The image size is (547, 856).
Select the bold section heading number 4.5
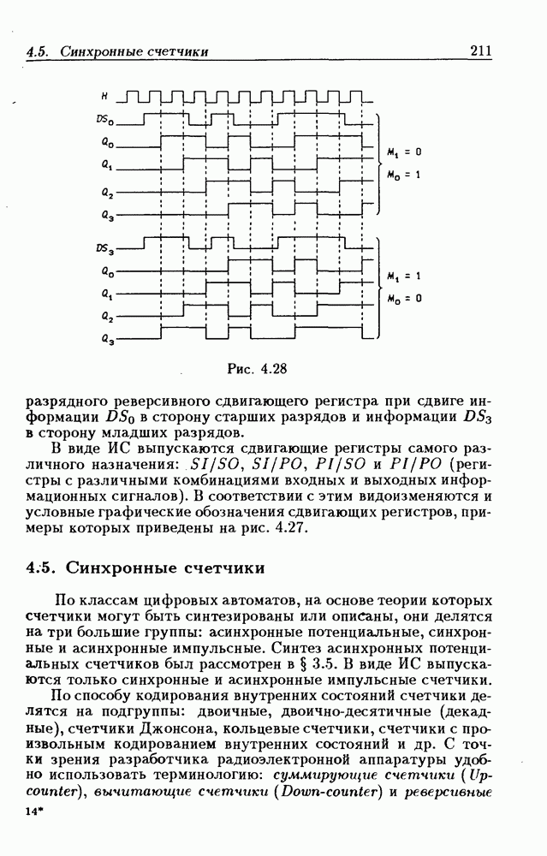(x=40, y=568)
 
